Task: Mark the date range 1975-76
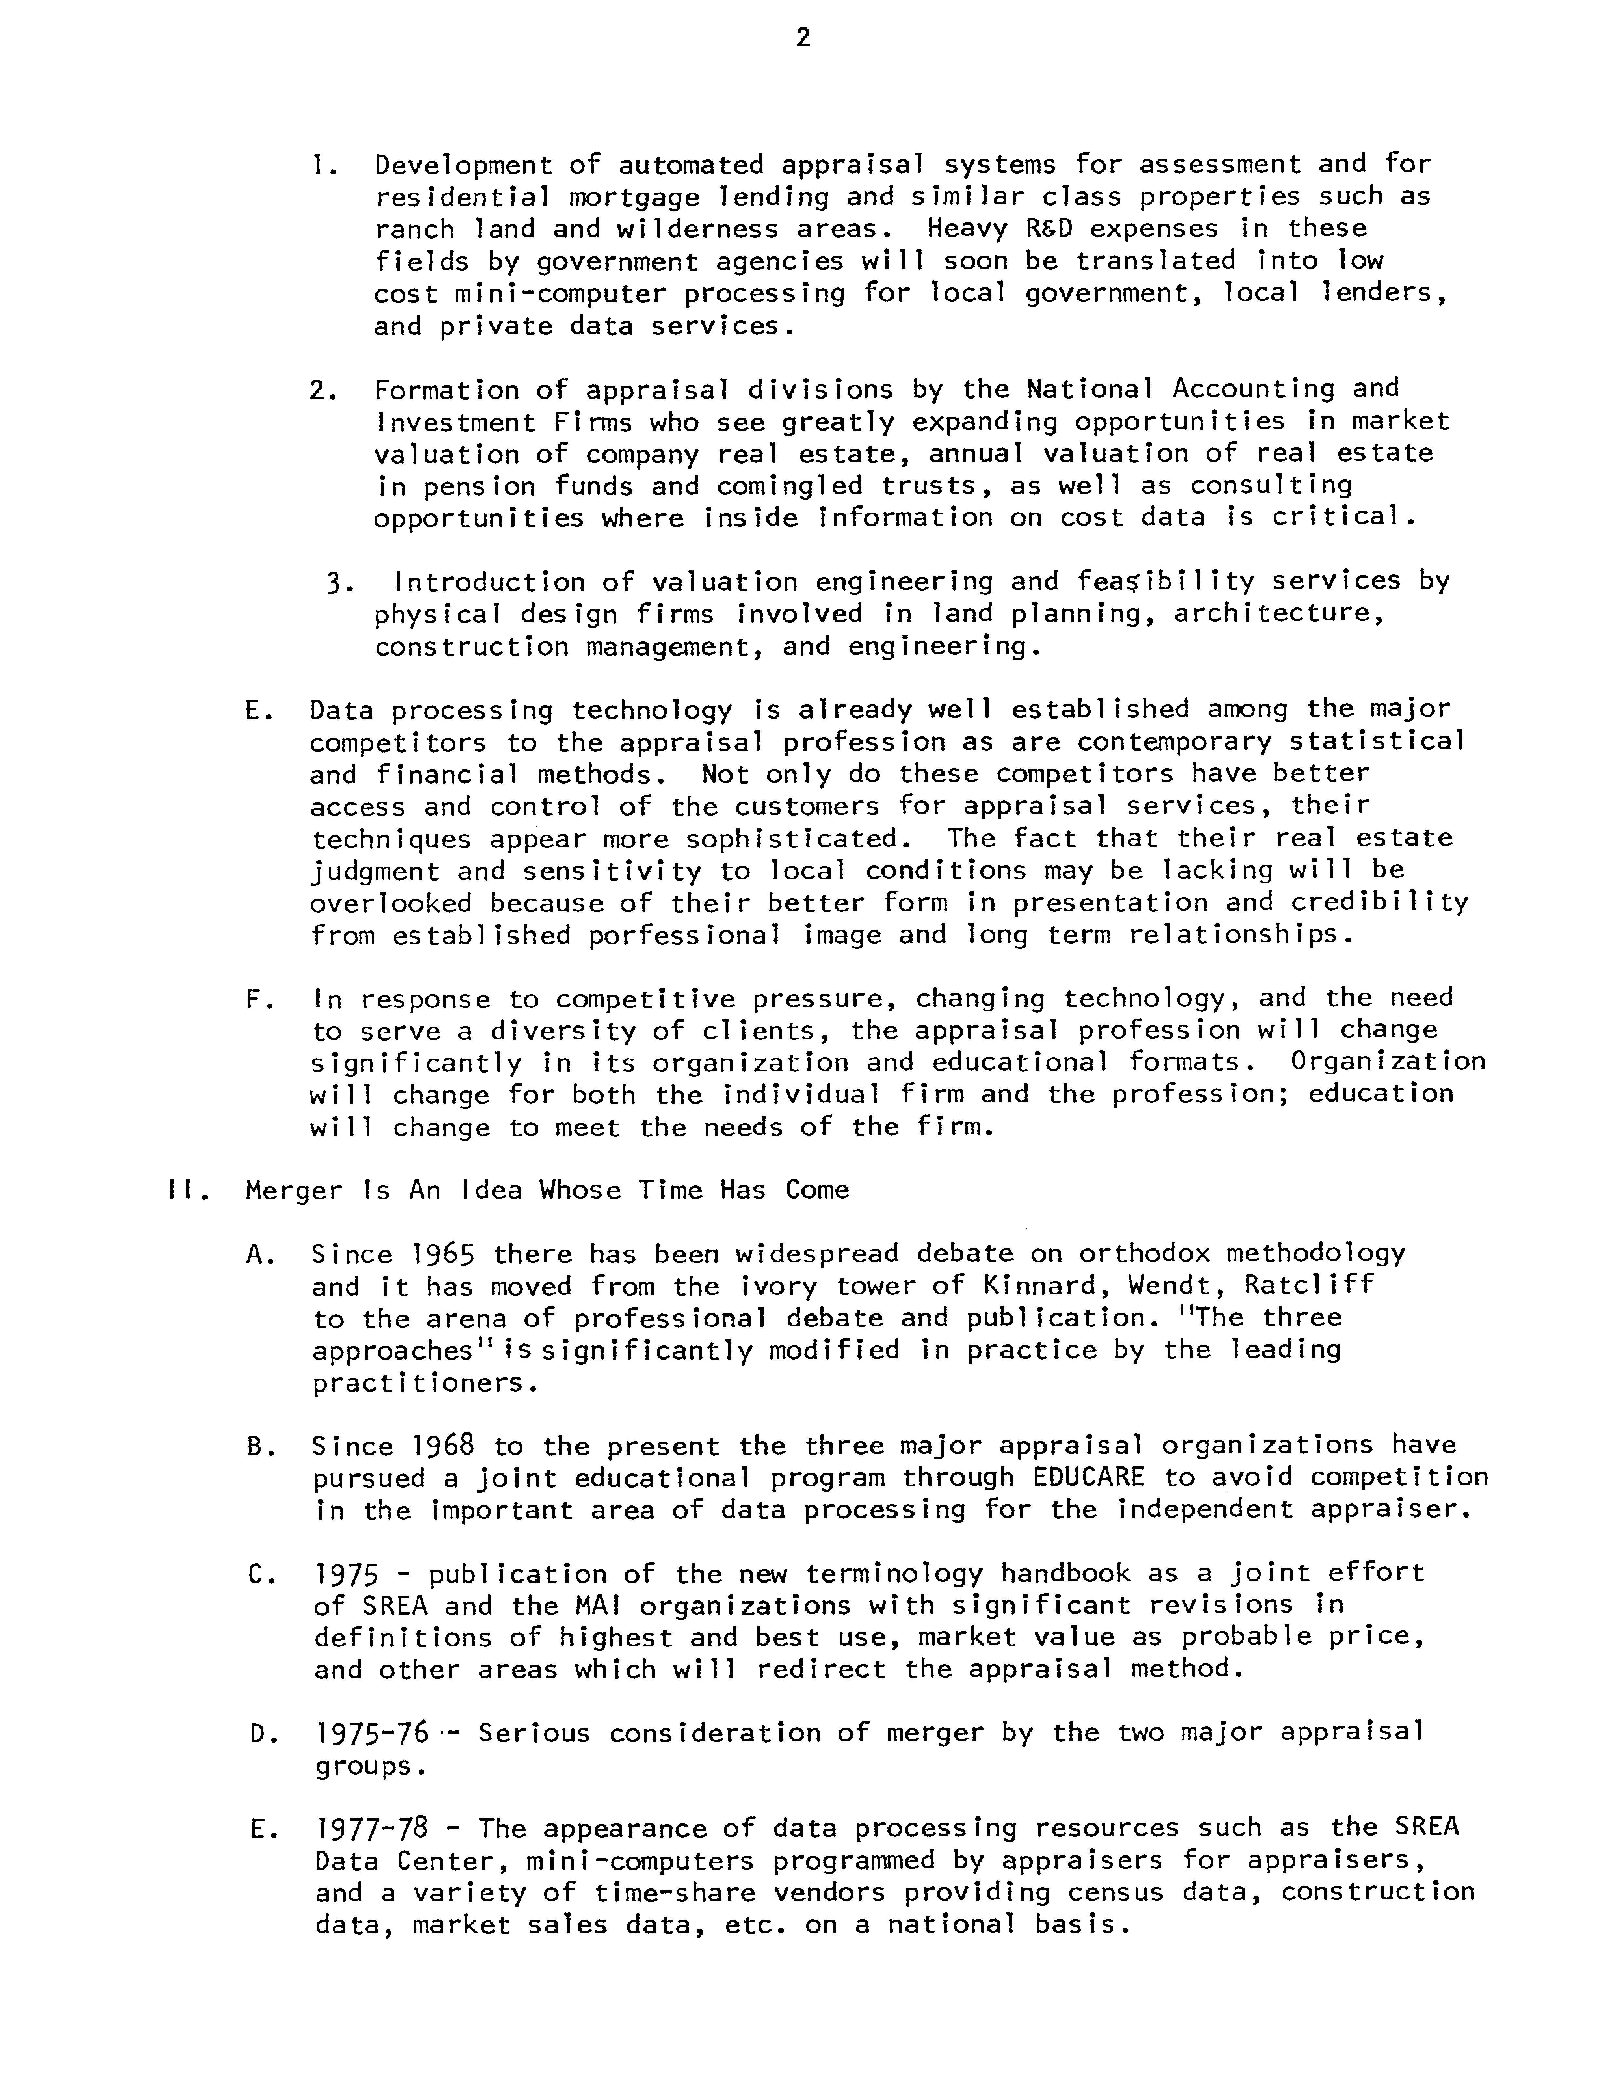coord(371,1733)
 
